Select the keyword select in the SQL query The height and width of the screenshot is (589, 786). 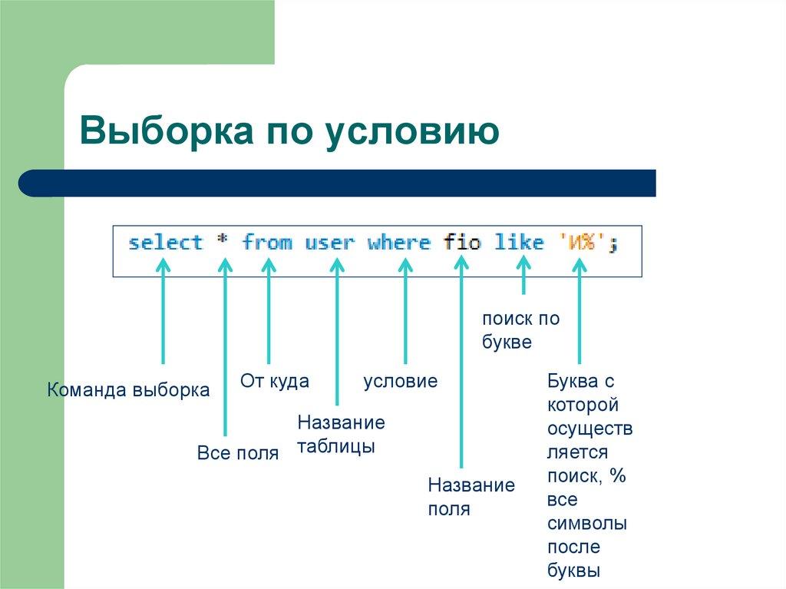click(x=165, y=243)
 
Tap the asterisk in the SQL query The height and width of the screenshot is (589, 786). click(x=223, y=243)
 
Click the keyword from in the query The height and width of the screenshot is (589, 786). click(x=267, y=243)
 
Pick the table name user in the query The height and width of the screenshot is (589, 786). click(x=329, y=243)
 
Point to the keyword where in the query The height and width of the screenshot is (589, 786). click(x=398, y=243)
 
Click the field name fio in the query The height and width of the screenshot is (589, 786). click(x=461, y=243)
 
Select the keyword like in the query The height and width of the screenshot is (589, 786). click(x=518, y=243)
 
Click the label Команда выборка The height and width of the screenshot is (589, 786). click(x=128, y=390)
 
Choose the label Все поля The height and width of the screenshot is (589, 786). click(x=237, y=453)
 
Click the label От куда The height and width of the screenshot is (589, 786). click(x=275, y=381)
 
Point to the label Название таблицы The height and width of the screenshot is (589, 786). click(x=341, y=435)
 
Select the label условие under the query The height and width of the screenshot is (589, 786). click(x=400, y=381)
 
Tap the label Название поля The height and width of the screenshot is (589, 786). click(x=471, y=497)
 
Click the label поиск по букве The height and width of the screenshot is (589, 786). click(x=520, y=330)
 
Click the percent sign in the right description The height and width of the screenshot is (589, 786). click(x=618, y=476)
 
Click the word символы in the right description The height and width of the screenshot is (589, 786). click(x=587, y=524)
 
